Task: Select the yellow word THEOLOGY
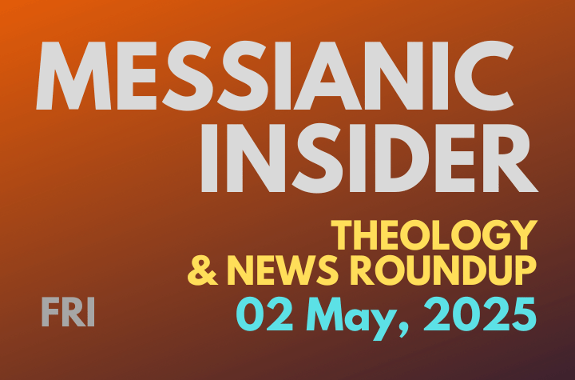click(x=431, y=235)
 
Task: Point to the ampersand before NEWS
click(x=202, y=273)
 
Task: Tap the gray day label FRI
click(x=68, y=313)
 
